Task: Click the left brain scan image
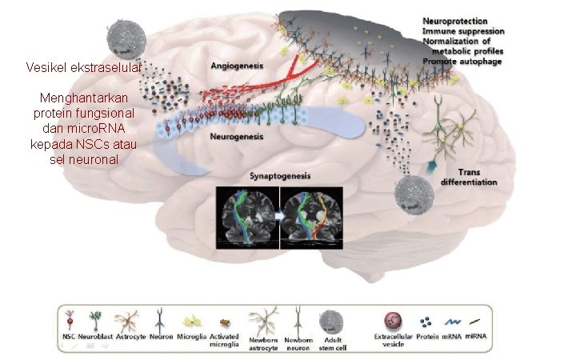point(246,215)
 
